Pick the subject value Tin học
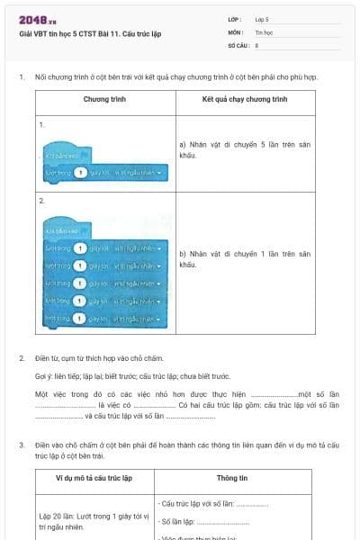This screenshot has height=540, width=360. tap(264, 31)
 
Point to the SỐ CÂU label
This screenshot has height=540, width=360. tap(238, 43)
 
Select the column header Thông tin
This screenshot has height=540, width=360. tap(239, 479)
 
